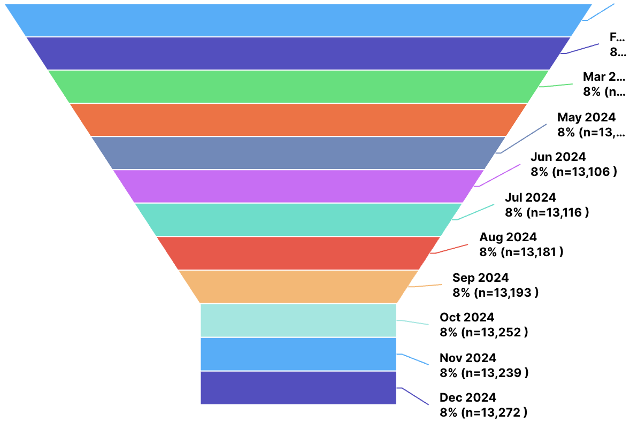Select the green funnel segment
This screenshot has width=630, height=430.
coord(298,86)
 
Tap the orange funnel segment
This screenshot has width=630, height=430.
coord(298,119)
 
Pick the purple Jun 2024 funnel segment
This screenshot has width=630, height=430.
coord(298,186)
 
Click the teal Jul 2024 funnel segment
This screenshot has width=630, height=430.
coord(298,219)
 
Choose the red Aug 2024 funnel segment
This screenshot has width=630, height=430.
coord(298,252)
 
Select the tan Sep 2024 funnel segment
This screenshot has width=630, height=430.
coord(298,286)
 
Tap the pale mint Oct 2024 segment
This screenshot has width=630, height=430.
coord(298,320)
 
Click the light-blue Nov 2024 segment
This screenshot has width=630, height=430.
coord(298,354)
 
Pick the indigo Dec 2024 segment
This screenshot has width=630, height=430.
coord(298,387)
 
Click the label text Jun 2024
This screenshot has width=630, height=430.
coord(558,157)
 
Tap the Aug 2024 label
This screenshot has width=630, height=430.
coord(508,237)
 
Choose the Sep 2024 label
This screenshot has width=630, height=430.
coord(480,278)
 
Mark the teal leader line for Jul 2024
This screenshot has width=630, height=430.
coord(474,211)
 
